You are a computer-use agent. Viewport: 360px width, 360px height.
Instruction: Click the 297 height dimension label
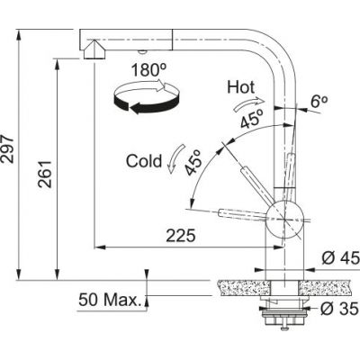pyautogui.click(x=10, y=154)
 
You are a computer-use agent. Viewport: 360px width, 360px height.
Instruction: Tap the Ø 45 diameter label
pyautogui.click(x=339, y=258)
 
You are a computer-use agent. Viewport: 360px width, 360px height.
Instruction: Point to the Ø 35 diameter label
pyautogui.click(x=339, y=310)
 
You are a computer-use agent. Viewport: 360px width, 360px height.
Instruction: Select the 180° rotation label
pyautogui.click(x=145, y=69)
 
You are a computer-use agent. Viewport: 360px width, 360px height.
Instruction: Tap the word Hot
pyautogui.click(x=241, y=88)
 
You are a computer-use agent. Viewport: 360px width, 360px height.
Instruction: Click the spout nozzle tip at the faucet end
pyautogui.click(x=93, y=53)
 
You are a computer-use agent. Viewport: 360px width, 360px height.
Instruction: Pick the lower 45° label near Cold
pyautogui.click(x=193, y=162)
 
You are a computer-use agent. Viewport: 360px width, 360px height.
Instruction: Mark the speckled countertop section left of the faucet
pyautogui.click(x=238, y=285)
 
